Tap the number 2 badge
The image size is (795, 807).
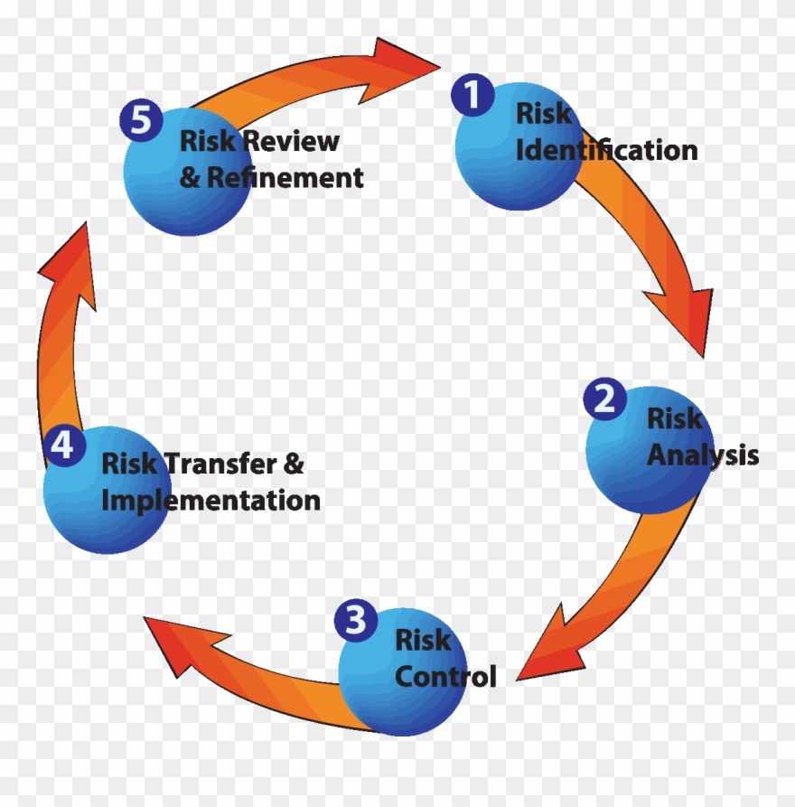[604, 399]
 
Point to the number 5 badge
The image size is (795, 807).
[141, 122]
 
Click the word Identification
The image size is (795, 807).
[606, 150]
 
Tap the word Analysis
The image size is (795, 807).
[703, 455]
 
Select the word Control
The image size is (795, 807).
[446, 676]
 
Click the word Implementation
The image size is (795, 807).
[210, 500]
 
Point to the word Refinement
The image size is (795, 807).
[285, 177]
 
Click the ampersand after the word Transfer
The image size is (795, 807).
[295, 464]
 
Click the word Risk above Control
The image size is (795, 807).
[422, 641]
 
